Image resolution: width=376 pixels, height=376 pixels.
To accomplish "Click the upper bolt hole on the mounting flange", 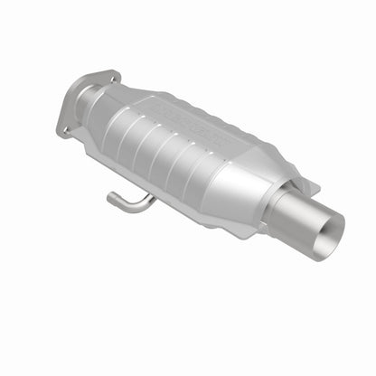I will click(x=114, y=79).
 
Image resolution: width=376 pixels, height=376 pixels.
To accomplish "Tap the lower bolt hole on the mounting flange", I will click(x=64, y=128).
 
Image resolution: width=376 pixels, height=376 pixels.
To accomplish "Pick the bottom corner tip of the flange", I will click(x=61, y=136).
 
